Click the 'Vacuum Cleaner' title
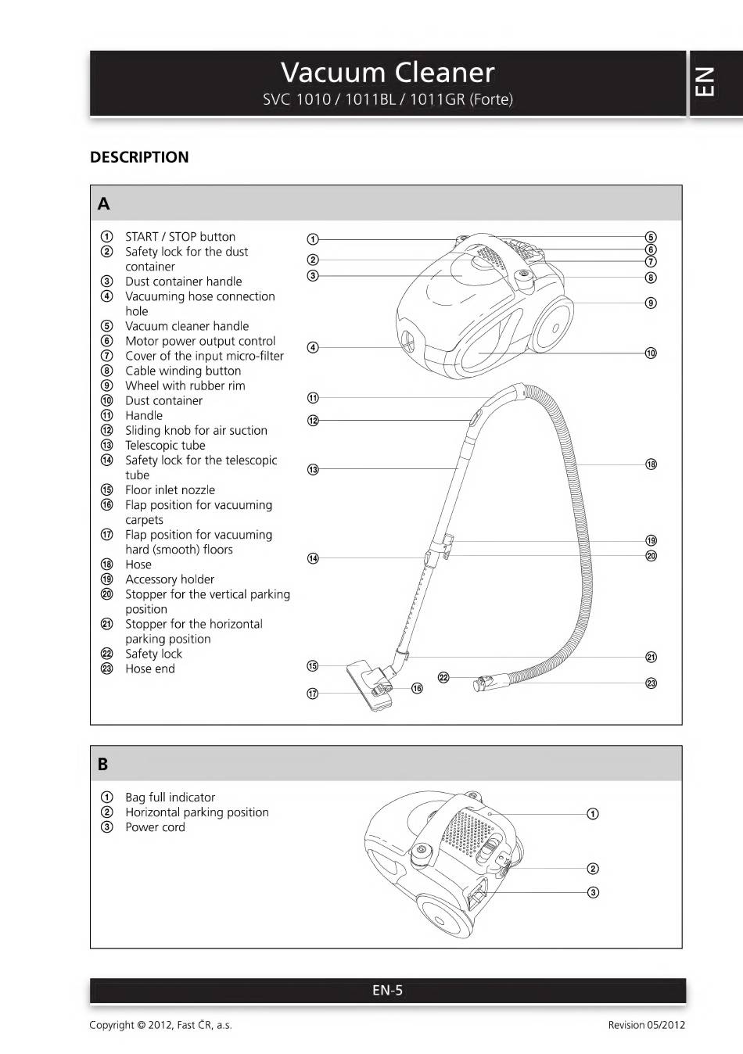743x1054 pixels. point(387,73)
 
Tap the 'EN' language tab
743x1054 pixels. point(704,81)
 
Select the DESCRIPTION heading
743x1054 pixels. point(139,157)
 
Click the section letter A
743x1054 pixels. point(103,204)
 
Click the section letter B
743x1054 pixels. point(102,764)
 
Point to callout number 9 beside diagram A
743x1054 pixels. point(651,303)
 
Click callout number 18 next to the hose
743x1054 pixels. point(651,464)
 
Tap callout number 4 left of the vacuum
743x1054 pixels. point(313,347)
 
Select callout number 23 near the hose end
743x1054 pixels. point(651,683)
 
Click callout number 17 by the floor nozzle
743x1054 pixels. point(313,694)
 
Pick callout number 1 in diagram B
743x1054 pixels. point(593,814)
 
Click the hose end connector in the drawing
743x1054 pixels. point(479,684)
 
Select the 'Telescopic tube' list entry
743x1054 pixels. point(165,446)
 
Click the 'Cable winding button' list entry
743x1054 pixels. point(183,371)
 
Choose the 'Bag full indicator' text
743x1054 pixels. point(170,798)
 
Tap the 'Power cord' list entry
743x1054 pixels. point(155,827)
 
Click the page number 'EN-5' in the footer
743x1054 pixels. point(387,991)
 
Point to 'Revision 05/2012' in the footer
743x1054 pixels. point(646,1025)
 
